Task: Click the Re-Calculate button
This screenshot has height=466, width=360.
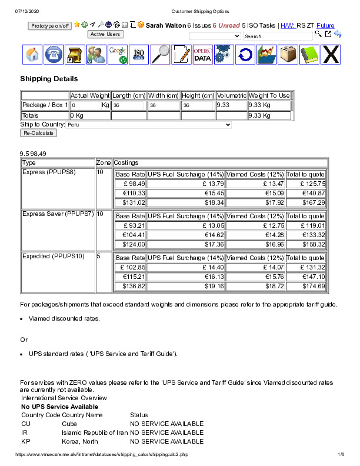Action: point(39,133)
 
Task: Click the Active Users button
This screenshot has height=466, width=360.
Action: point(105,34)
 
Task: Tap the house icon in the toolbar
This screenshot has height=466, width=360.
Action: point(33,54)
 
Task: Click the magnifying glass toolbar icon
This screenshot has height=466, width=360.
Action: point(159,54)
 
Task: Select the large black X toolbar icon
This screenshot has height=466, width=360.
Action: point(331,54)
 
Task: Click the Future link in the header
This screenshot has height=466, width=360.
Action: point(325,26)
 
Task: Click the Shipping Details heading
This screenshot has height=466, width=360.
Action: point(49,79)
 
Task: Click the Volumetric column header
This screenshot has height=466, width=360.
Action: point(231,95)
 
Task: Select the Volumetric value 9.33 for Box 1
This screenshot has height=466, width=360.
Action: point(223,105)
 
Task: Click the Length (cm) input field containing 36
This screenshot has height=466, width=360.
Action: point(128,105)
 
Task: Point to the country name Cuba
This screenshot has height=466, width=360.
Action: point(69,424)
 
